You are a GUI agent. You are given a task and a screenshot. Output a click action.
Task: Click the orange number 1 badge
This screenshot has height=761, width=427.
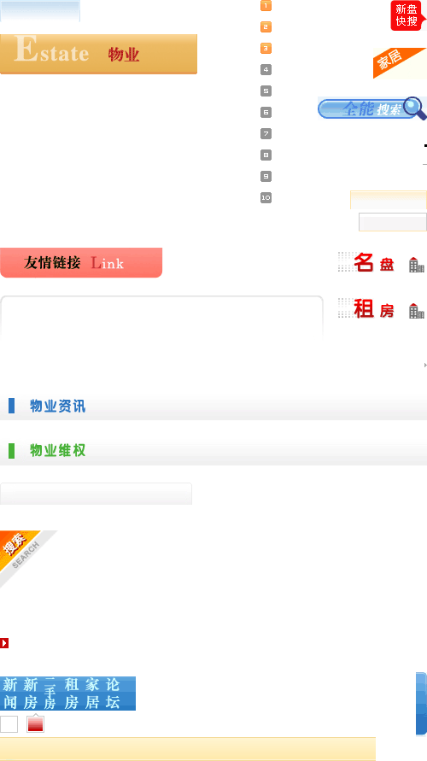tap(266, 6)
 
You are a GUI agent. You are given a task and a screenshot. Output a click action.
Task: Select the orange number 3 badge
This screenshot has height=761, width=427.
tap(266, 48)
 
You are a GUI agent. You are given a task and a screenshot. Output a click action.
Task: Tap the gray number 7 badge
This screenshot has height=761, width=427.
tap(266, 133)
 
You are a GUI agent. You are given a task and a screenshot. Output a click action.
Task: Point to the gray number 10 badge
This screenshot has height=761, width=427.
tap(266, 197)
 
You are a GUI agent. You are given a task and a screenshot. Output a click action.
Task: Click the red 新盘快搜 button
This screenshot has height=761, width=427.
tap(407, 15)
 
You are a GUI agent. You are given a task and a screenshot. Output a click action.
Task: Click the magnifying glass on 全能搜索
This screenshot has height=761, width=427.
tap(414, 108)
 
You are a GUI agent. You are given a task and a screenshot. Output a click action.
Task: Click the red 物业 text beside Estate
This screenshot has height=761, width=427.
tap(124, 55)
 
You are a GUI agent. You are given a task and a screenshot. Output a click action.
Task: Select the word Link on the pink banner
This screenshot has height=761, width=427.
tap(108, 263)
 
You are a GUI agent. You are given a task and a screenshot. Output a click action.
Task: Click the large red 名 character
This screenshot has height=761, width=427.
tap(364, 262)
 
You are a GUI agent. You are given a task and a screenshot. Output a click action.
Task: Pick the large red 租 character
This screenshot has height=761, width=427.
tap(364, 308)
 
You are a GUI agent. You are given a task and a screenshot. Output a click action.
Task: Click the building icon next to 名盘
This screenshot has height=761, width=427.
tap(417, 265)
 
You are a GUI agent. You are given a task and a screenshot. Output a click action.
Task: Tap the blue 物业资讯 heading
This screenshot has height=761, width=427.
tap(58, 406)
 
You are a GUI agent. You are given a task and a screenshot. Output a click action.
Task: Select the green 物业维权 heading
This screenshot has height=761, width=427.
tap(58, 450)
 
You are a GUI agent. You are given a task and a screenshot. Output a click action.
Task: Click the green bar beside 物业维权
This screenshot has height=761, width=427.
tap(12, 451)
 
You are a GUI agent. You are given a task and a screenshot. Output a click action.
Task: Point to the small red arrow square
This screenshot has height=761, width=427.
tap(4, 643)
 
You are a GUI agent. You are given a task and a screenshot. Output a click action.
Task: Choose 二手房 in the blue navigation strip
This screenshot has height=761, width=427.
tap(50, 694)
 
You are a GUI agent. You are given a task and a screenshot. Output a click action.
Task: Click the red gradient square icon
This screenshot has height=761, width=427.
tap(35, 724)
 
